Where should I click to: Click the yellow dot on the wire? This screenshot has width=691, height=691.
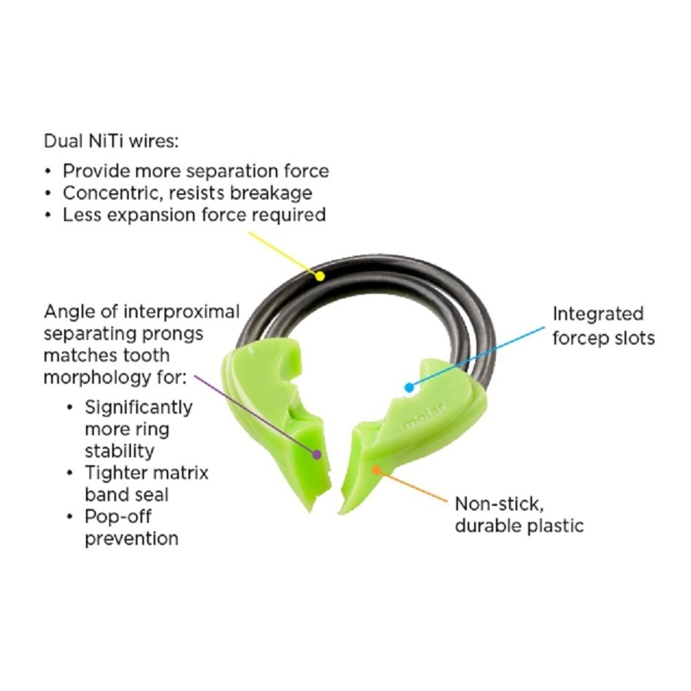pyautogui.click(x=320, y=276)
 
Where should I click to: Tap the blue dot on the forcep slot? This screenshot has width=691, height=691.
pyautogui.click(x=409, y=388)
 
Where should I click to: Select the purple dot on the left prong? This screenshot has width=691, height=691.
pyautogui.click(x=316, y=454)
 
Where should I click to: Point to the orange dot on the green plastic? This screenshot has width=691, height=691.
pyautogui.click(x=376, y=470)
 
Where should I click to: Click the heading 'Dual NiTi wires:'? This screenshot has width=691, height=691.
pyautogui.click(x=111, y=141)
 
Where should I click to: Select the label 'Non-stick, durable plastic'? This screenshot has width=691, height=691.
pyautogui.click(x=518, y=515)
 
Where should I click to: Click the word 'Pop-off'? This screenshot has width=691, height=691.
pyautogui.click(x=118, y=517)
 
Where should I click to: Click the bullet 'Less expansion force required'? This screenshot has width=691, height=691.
pyautogui.click(x=193, y=215)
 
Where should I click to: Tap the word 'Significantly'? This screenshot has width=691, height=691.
pyautogui.click(x=139, y=407)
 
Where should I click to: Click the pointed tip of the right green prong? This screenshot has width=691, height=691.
pyautogui.click(x=343, y=512)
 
